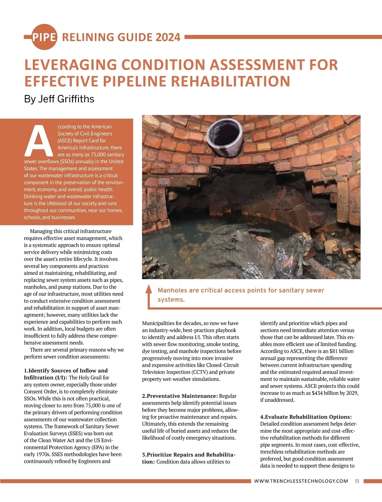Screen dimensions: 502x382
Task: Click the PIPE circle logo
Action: (44, 37)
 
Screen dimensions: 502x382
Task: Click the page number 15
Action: (357, 481)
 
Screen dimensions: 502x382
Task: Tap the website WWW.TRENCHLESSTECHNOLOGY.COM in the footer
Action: (301, 481)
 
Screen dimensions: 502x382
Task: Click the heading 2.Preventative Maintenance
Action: (180, 396)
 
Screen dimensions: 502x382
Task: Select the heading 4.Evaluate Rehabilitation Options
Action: (306, 417)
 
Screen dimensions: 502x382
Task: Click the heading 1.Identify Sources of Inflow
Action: (66, 371)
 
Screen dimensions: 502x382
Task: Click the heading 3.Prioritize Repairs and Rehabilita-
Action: (189, 455)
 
